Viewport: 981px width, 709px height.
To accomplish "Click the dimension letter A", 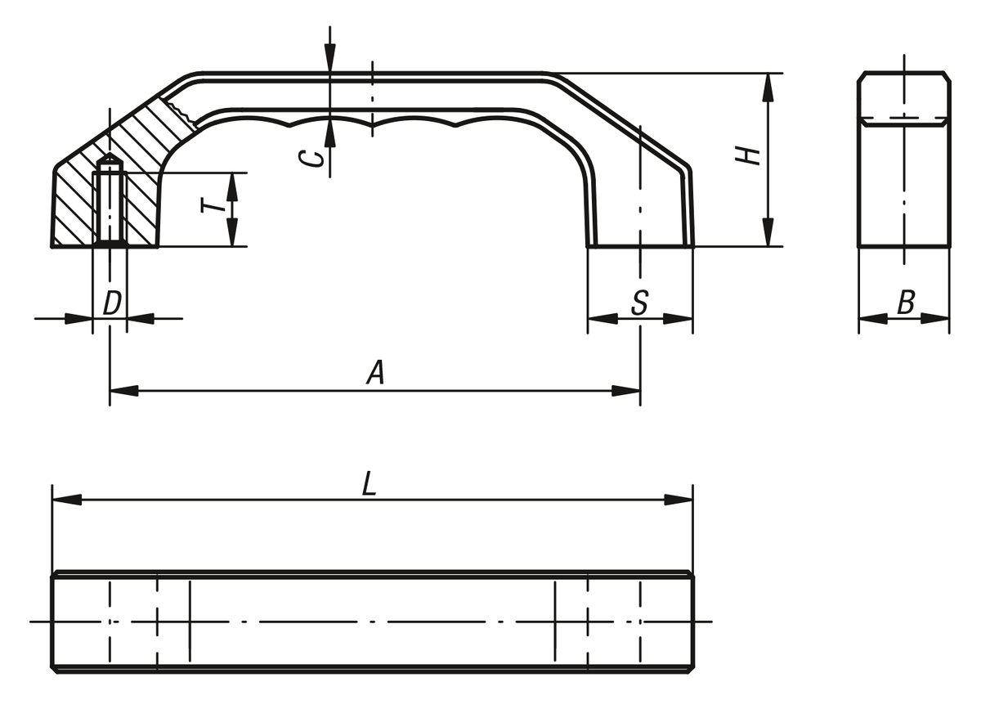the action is pos(376,372).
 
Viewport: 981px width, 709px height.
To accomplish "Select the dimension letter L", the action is pos(370,484).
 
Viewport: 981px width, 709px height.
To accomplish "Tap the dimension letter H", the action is pos(747,156).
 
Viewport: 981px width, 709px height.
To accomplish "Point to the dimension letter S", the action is pos(640,303).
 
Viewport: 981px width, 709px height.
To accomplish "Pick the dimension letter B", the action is pos(906,303).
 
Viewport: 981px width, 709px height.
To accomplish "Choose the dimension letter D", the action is pos(112,303).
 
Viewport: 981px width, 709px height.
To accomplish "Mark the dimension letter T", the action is pos(213,205).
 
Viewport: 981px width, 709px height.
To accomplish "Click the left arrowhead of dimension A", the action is pos(124,390).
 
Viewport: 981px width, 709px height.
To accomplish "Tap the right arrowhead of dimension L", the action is pos(679,500).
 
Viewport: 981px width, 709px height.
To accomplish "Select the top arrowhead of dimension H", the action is pos(768,88).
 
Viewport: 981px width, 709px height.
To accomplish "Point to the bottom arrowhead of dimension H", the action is pos(768,232).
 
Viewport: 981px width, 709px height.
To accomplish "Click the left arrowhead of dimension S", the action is pos(602,319).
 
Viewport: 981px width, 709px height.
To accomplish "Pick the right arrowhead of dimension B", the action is pos(935,319).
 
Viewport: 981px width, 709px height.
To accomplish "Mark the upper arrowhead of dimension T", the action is pos(232,187).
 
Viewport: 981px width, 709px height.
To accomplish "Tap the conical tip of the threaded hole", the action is pos(110,154).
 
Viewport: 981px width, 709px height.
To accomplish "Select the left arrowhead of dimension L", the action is pos(67,500).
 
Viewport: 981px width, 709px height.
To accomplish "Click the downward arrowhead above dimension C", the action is pos(329,58).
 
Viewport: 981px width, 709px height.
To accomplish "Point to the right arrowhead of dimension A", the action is pos(626,390).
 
